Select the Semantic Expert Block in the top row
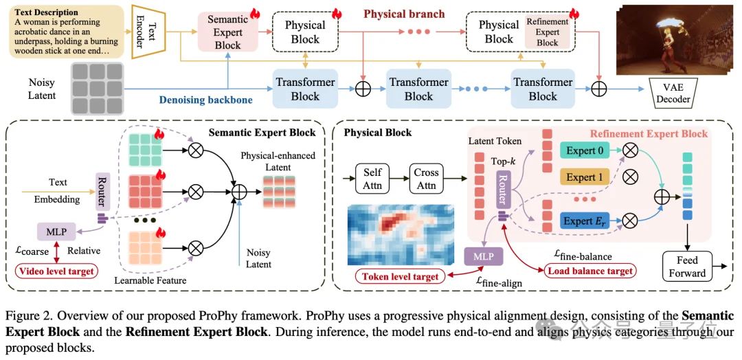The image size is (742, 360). (x=227, y=32)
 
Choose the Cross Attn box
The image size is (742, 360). (x=427, y=177)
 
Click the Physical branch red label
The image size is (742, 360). (x=403, y=14)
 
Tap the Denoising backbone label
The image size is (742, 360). (x=205, y=100)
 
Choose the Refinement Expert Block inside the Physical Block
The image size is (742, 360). (x=547, y=32)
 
